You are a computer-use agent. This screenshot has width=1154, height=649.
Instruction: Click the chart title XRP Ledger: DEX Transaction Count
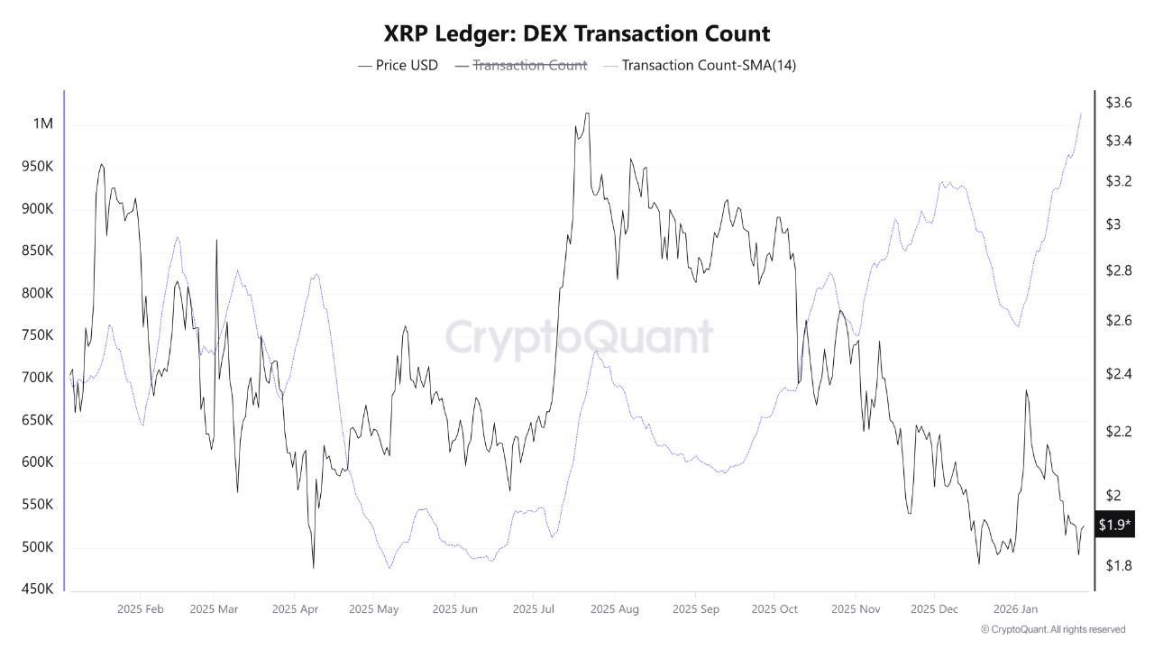pos(577,34)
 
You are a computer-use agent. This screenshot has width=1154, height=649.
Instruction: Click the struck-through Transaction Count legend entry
pos(529,65)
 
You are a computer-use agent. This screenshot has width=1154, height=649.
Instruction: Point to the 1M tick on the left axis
pos(42,123)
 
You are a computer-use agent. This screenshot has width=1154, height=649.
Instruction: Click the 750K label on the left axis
pos(38,335)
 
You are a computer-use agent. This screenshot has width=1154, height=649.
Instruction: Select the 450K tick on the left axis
pos(38,590)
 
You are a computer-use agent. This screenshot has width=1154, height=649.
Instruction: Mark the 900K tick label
pos(38,208)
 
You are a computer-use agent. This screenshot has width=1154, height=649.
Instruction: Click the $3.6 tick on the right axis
pos(1118,103)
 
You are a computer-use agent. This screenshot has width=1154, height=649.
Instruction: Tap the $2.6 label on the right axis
pos(1118,321)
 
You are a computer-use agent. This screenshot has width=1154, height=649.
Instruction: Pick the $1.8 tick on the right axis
pos(1118,565)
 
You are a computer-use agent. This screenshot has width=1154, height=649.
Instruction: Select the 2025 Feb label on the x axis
pos(141,609)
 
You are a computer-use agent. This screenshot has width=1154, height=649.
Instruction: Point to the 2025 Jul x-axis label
pos(533,609)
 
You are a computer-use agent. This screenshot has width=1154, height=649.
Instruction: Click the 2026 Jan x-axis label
pos(1016,609)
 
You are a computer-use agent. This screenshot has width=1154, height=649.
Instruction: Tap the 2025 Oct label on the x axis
pos(774,609)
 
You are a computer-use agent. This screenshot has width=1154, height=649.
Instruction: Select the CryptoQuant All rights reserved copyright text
pos(1052,629)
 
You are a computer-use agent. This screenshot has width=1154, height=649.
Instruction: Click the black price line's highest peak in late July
pos(587,114)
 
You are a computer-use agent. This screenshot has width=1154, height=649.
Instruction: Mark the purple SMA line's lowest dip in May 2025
pos(389,568)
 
